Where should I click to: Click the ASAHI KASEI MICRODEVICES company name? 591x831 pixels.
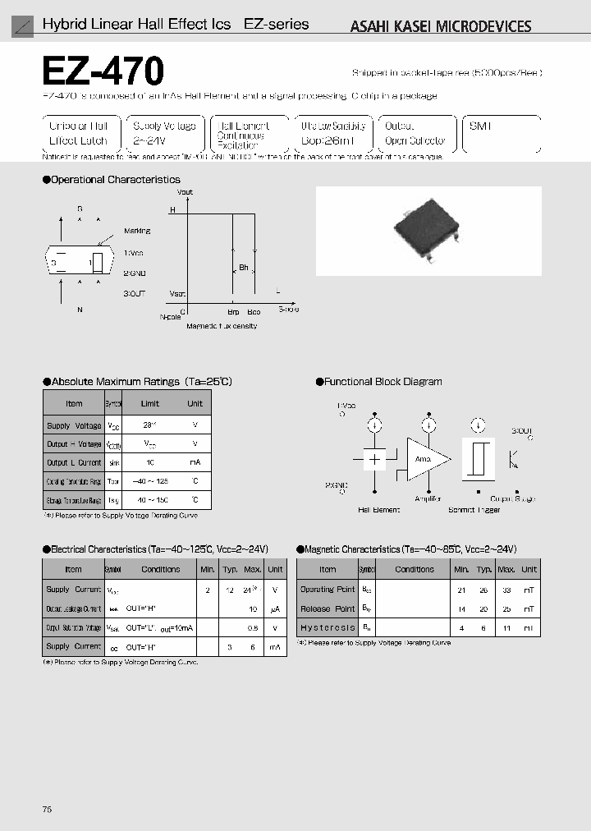(x=441, y=26)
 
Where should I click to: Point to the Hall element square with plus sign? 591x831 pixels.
(x=374, y=459)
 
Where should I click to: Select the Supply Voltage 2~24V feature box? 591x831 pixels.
(x=163, y=134)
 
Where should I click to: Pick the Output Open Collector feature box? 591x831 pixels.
(x=415, y=134)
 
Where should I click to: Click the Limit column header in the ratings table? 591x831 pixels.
(x=150, y=403)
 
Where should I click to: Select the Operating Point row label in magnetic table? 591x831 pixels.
(x=328, y=589)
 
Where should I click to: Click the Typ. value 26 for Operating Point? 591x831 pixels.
(x=484, y=589)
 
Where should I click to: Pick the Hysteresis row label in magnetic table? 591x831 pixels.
(x=328, y=627)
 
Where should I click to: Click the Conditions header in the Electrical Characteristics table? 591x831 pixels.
(x=160, y=569)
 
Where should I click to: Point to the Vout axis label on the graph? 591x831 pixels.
(x=185, y=192)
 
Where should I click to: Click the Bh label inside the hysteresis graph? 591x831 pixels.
(x=244, y=267)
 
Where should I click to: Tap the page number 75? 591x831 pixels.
(x=47, y=810)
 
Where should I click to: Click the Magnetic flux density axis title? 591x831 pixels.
(x=222, y=326)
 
